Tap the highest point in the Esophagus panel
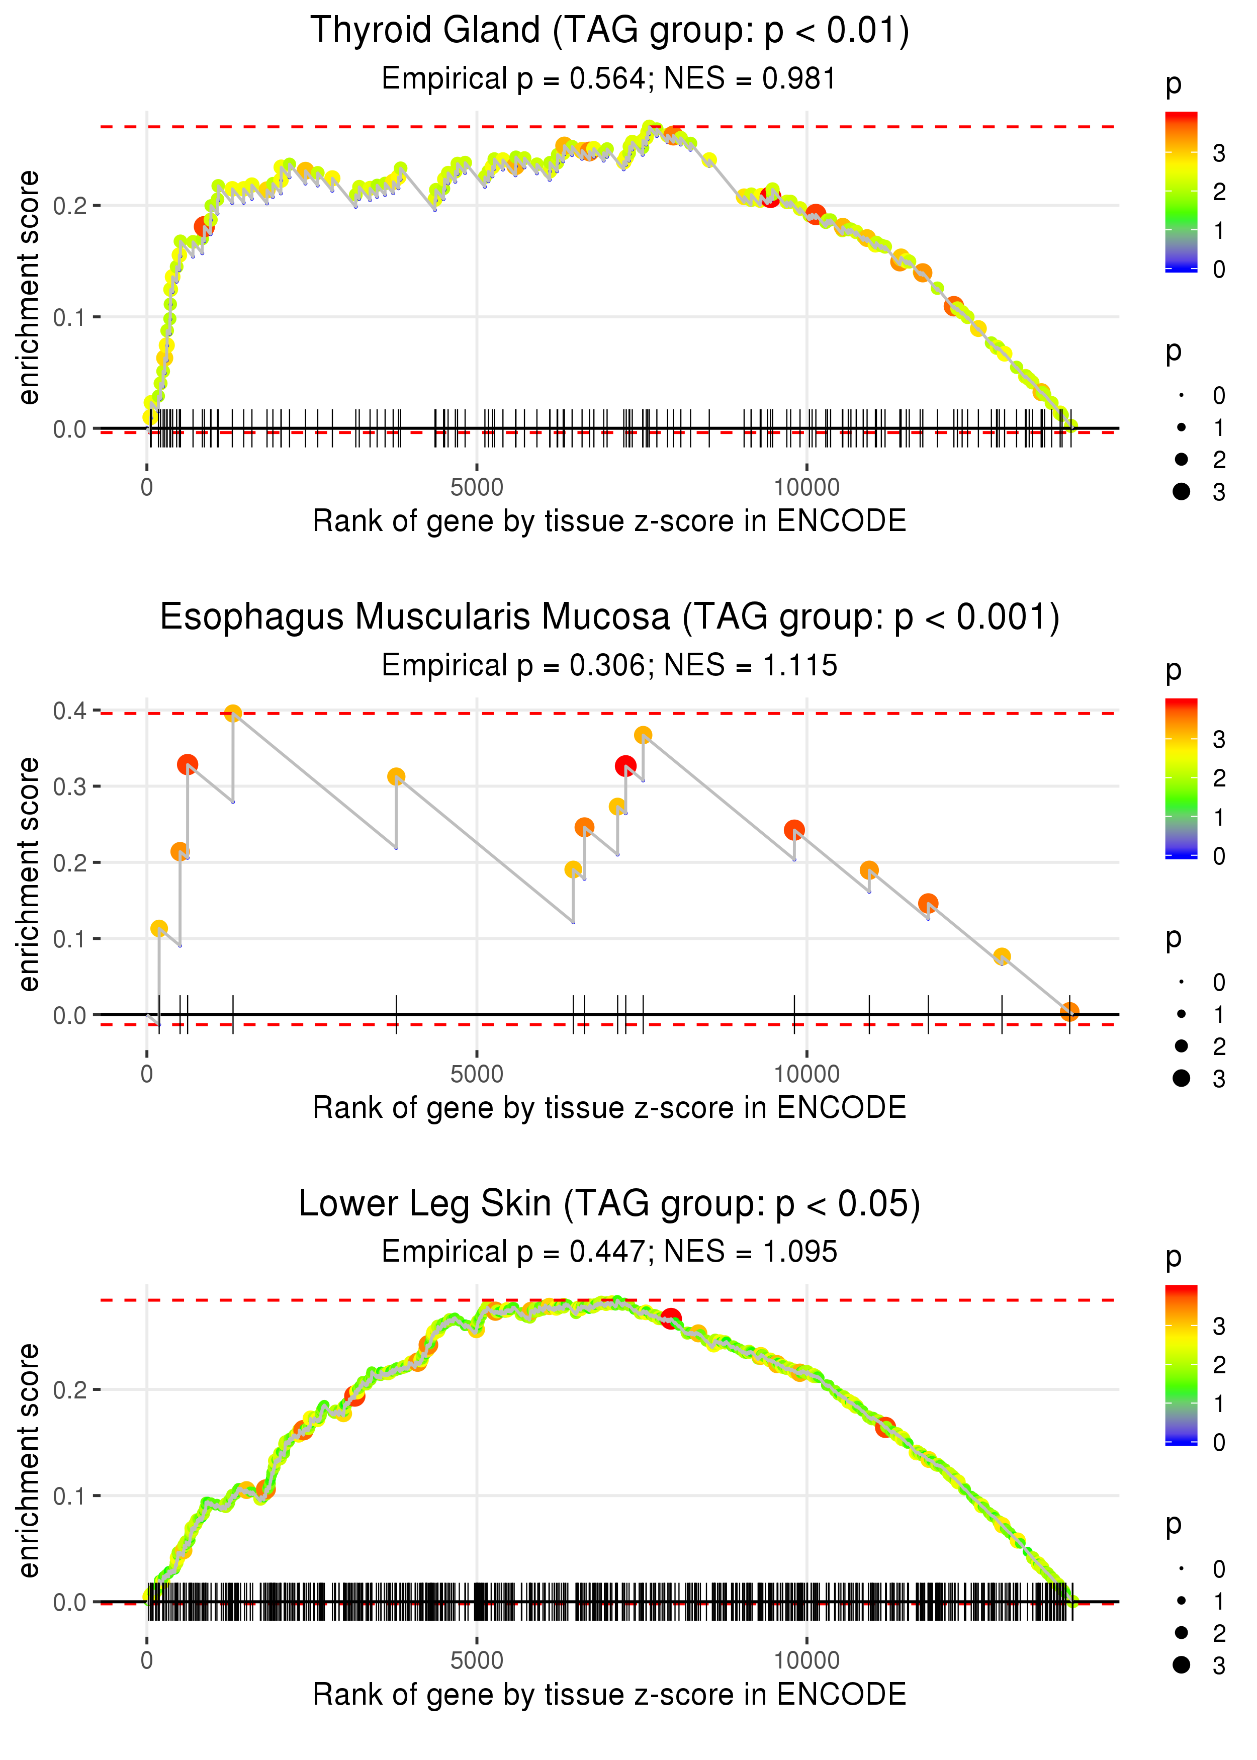tap(233, 713)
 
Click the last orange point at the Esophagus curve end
tap(1069, 1012)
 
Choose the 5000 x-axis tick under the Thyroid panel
tap(476, 488)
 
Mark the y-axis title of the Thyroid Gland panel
tap(29, 288)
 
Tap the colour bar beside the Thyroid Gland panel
tap(1181, 191)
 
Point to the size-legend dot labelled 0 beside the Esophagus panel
tap(1181, 982)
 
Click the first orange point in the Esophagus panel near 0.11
tap(159, 928)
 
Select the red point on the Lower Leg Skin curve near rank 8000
tap(670, 1317)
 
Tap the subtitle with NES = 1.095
tap(609, 1252)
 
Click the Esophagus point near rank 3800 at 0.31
tap(396, 776)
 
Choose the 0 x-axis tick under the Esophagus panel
tap(147, 1074)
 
